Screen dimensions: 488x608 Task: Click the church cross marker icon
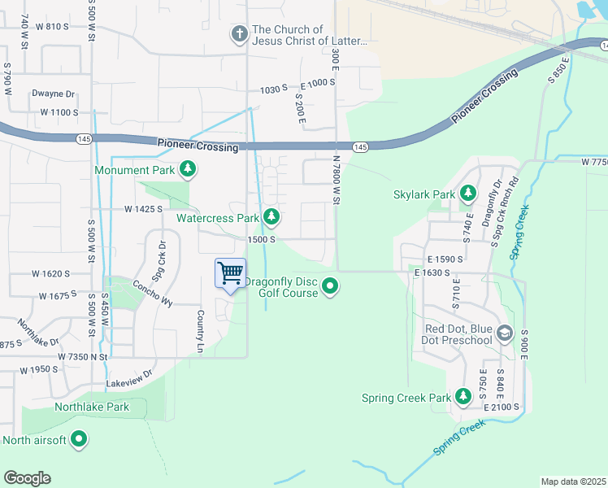click(x=239, y=34)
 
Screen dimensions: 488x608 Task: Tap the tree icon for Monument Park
click(x=189, y=169)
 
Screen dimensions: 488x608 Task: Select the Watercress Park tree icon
click(x=271, y=217)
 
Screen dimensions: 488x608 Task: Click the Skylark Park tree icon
click(x=467, y=194)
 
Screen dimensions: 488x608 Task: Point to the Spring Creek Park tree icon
click(x=463, y=397)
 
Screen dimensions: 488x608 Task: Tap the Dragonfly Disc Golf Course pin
click(x=330, y=286)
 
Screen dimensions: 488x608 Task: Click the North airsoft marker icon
click(x=79, y=440)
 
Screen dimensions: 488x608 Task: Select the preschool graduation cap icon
click(x=505, y=333)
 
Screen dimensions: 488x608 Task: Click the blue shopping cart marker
click(x=231, y=273)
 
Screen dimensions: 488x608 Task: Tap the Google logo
click(x=27, y=478)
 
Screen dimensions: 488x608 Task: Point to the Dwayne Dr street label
click(x=53, y=94)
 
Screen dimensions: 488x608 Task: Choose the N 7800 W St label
click(x=335, y=180)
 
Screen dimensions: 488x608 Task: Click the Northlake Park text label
click(x=91, y=407)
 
